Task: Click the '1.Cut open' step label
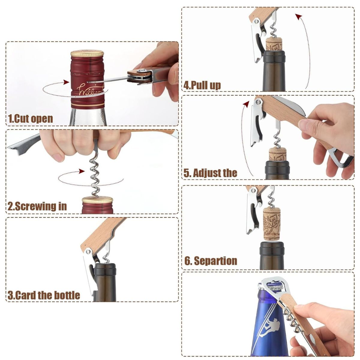[x=31, y=118]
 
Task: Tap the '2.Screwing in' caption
[x=37, y=206]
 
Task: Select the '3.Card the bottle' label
[x=44, y=295]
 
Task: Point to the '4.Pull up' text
[x=202, y=85]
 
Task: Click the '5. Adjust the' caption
[x=210, y=172]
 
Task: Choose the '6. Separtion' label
[x=211, y=261]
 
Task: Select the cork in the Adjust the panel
[x=277, y=154]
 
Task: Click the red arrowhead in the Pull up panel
[x=299, y=17]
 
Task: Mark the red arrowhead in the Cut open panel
[x=66, y=82]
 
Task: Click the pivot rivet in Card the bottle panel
[x=87, y=252]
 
